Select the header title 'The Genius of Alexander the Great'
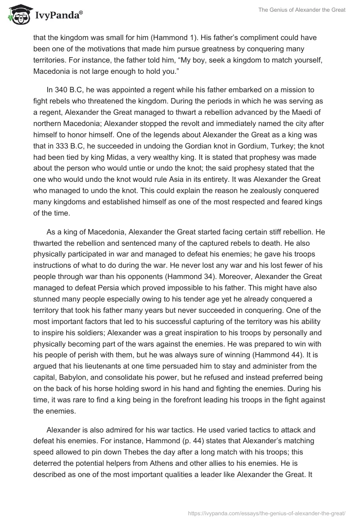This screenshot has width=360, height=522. coord(302,9)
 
